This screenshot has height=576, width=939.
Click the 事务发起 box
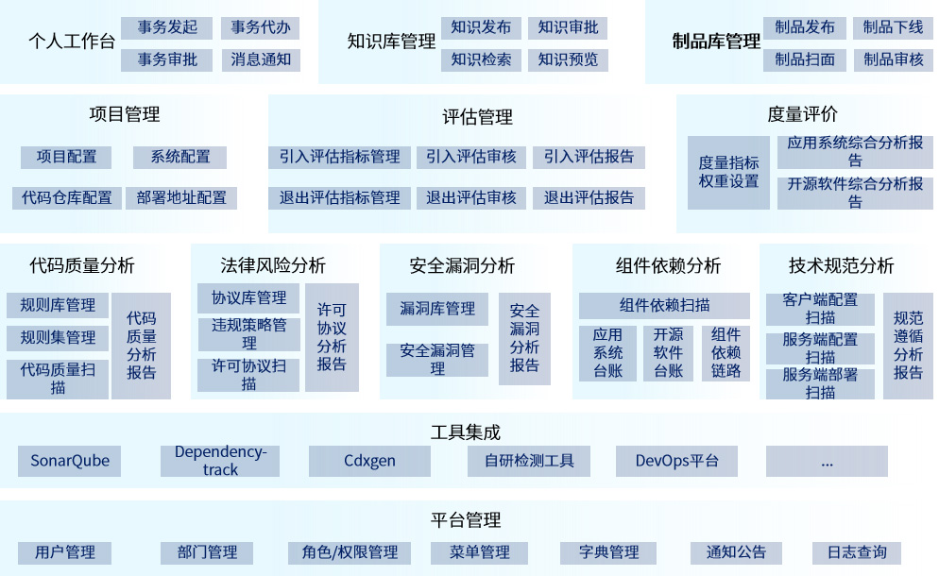point(167,27)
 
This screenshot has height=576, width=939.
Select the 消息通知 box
point(261,60)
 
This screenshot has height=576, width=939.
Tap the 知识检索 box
point(481,60)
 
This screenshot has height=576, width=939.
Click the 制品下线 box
point(893,27)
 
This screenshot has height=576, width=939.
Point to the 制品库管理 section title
point(716,42)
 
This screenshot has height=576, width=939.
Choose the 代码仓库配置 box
point(67,198)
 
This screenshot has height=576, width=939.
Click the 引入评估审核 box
point(471,157)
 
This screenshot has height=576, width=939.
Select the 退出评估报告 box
point(589,198)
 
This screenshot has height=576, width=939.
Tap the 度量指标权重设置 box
point(728,172)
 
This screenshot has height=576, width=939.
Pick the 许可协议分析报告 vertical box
point(332,337)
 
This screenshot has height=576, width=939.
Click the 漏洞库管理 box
point(437,309)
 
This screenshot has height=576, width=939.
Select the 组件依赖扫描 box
point(664,305)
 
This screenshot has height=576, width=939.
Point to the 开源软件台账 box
point(668,353)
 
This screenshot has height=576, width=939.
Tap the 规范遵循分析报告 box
point(908,346)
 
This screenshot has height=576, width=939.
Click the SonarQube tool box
point(70,462)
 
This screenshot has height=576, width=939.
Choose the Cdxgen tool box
point(369,462)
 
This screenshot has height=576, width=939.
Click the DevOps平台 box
point(676,462)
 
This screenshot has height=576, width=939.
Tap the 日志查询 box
point(857,552)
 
